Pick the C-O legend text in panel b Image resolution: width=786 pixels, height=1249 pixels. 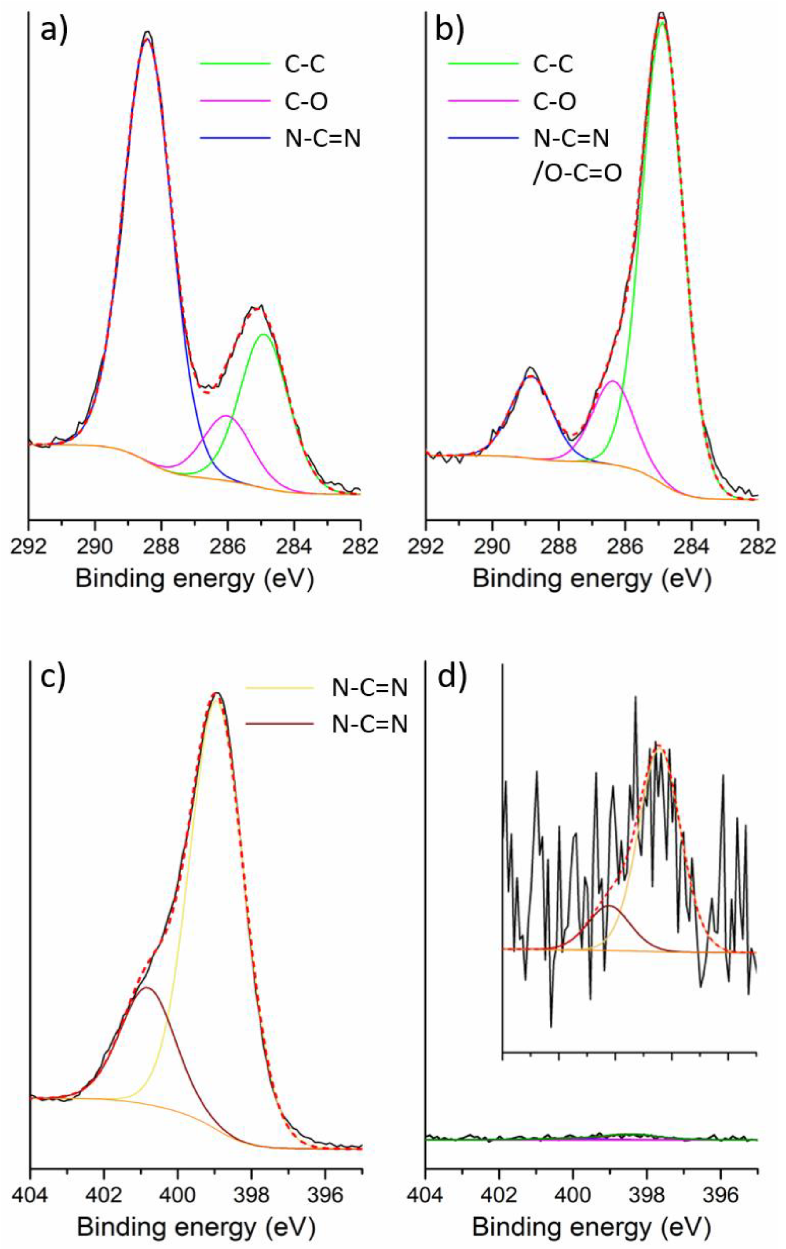coord(554,102)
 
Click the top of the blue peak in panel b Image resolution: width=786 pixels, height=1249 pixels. coord(530,377)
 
